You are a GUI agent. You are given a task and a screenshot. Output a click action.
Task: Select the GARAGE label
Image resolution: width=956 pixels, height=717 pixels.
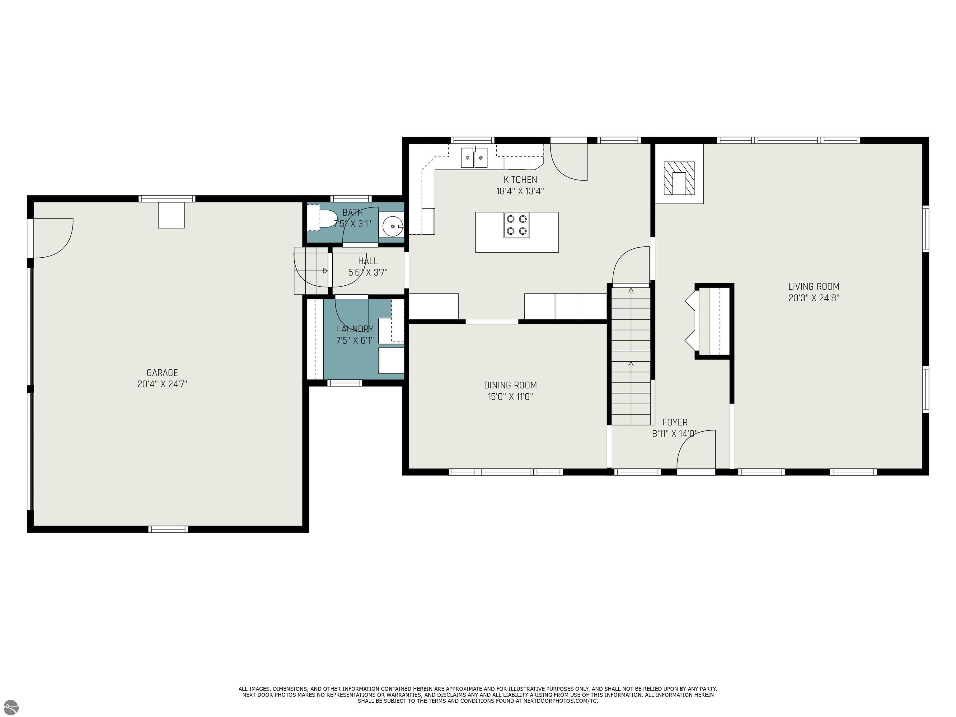pos(162,373)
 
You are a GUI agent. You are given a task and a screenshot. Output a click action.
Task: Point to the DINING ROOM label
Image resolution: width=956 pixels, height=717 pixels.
pos(510,385)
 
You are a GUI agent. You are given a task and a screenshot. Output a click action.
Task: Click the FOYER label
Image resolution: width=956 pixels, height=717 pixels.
pos(675,422)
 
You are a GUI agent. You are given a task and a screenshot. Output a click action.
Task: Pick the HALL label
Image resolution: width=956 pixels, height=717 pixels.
pos(368,261)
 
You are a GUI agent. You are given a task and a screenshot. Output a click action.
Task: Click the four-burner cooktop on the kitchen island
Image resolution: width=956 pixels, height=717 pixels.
pos(517,225)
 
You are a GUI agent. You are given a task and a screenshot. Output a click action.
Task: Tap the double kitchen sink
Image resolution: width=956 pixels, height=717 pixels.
pos(474,157)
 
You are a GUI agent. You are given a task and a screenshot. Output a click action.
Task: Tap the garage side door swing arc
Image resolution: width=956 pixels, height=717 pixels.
pos(62,247)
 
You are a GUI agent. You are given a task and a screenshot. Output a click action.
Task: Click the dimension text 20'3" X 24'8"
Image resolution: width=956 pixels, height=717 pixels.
pos(814,298)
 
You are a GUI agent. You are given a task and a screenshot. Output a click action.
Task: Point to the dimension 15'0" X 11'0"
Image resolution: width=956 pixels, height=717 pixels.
pos(510,397)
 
